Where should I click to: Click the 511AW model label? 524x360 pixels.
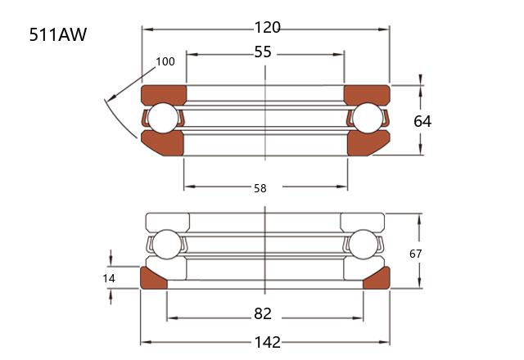(58, 34)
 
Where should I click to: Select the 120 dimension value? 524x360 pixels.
(268, 27)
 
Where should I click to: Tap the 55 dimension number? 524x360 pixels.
(263, 52)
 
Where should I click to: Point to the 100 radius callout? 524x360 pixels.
(165, 61)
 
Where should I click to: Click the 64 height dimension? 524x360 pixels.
(422, 121)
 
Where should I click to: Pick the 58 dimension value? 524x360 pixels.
(260, 188)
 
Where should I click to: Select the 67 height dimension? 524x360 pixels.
(415, 254)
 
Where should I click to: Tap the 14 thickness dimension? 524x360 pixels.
(109, 278)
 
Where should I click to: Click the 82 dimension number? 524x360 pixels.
(263, 313)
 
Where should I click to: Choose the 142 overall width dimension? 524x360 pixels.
(268, 342)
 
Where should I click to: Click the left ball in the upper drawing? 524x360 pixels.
(163, 118)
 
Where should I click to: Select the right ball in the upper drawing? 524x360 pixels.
(368, 118)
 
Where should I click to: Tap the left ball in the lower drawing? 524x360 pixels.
(166, 245)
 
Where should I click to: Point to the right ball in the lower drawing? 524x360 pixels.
(363, 245)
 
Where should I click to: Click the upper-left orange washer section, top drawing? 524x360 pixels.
(164, 95)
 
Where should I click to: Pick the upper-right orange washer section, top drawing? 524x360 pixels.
(367, 95)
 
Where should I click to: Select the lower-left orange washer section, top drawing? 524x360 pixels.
(164, 144)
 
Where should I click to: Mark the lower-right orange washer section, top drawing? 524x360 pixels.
(367, 144)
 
